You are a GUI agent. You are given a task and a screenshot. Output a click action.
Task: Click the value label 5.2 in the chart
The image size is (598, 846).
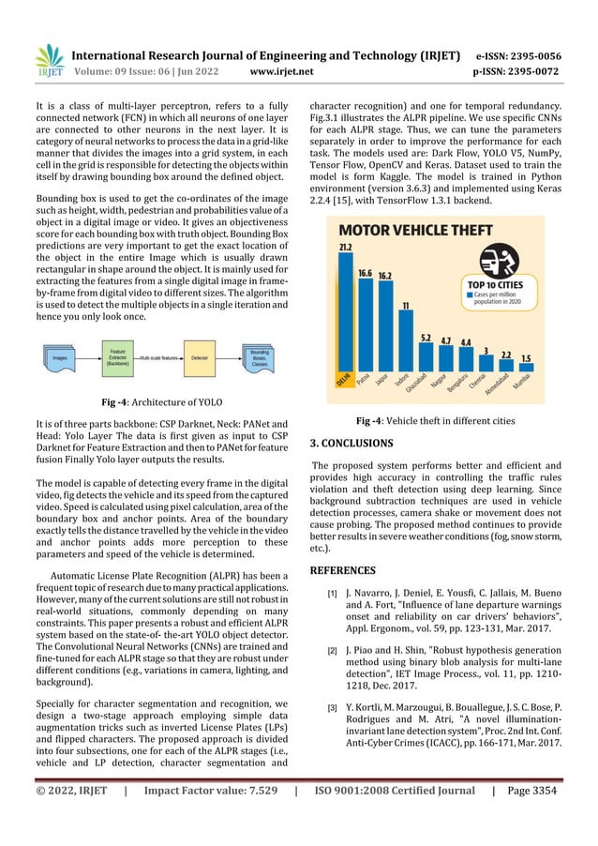coord(426,337)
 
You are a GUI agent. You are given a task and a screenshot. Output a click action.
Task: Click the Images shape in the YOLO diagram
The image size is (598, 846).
coord(62,357)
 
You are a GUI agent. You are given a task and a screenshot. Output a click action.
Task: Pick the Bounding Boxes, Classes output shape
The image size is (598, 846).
coord(259,357)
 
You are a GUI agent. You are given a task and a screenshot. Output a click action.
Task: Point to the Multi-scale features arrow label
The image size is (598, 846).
coord(156,357)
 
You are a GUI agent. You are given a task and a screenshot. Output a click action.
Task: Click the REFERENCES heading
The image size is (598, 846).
coord(343,569)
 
